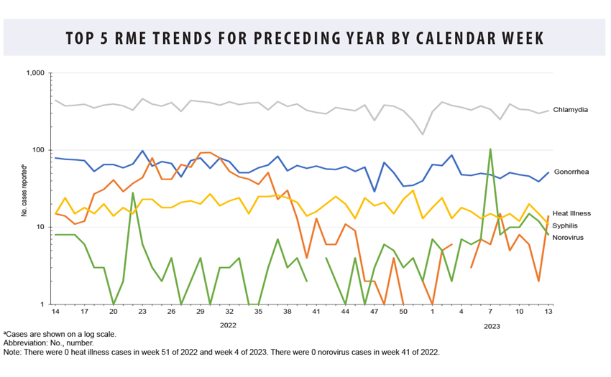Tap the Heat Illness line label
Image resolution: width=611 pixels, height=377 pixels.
pyautogui.click(x=571, y=213)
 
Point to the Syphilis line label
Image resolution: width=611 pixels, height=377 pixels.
pyautogui.click(x=566, y=225)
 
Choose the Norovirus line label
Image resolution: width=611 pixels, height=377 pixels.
pyautogui.click(x=569, y=236)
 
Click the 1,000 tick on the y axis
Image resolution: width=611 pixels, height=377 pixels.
pyautogui.click(x=35, y=73)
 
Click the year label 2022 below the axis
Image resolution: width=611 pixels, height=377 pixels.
pyautogui.click(x=229, y=326)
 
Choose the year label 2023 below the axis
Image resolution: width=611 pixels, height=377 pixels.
pyautogui.click(x=491, y=326)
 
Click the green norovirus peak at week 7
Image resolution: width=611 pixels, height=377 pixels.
pyautogui.click(x=490, y=149)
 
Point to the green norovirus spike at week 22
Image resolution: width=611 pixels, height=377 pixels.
pyautogui.click(x=133, y=192)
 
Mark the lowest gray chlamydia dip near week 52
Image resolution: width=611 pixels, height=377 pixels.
pyautogui.click(x=423, y=134)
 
